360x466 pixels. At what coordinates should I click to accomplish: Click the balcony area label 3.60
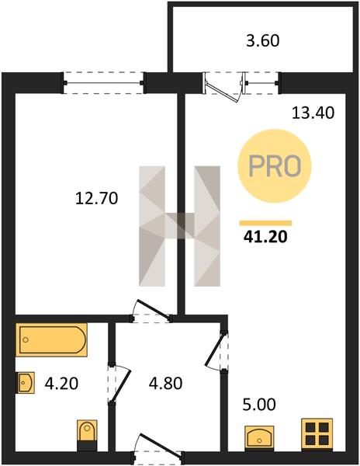263,40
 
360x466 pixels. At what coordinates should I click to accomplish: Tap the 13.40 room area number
313,113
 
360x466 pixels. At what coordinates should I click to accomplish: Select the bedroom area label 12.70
97,198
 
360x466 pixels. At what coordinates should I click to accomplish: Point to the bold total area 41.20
265,237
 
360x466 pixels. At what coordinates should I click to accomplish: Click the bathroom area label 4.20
61,383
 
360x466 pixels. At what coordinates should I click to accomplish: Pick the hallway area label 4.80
165,383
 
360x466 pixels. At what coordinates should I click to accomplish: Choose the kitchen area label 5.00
259,405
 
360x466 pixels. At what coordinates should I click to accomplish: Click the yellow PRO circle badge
274,166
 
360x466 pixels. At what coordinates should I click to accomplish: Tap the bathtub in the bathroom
51,339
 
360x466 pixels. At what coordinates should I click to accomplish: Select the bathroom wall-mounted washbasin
26,383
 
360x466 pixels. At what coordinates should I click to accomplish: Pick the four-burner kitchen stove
317,434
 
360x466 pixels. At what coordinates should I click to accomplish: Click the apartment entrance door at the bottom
157,449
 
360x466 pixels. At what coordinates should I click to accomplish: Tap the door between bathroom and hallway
119,384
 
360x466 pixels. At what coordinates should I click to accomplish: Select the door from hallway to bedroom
151,311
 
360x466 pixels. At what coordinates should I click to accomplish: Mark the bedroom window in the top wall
104,83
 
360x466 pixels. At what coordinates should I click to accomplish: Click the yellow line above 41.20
265,223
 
